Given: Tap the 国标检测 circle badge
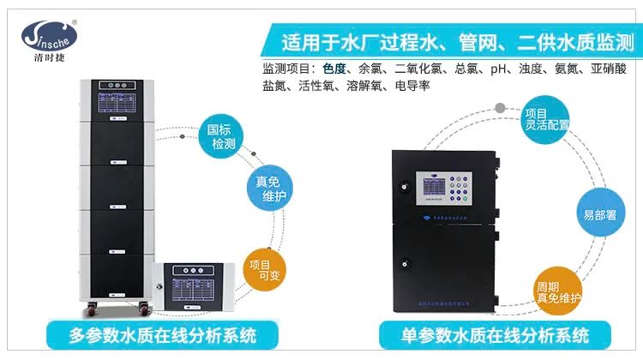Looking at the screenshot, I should [222, 137].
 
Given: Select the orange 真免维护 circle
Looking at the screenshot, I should [271, 188].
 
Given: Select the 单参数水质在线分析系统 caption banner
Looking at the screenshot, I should [496, 334].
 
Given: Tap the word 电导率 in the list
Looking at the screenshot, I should [412, 86].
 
